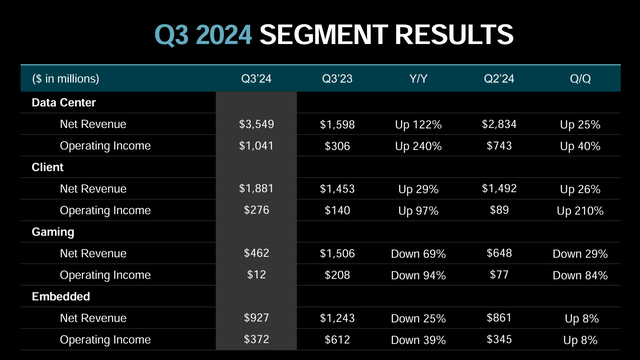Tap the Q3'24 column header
click(x=255, y=78)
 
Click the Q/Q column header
click(x=580, y=78)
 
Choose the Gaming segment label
click(x=50, y=233)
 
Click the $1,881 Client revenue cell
click(x=255, y=189)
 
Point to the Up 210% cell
click(x=580, y=211)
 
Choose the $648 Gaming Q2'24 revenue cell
click(x=501, y=255)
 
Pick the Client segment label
click(x=46, y=167)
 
